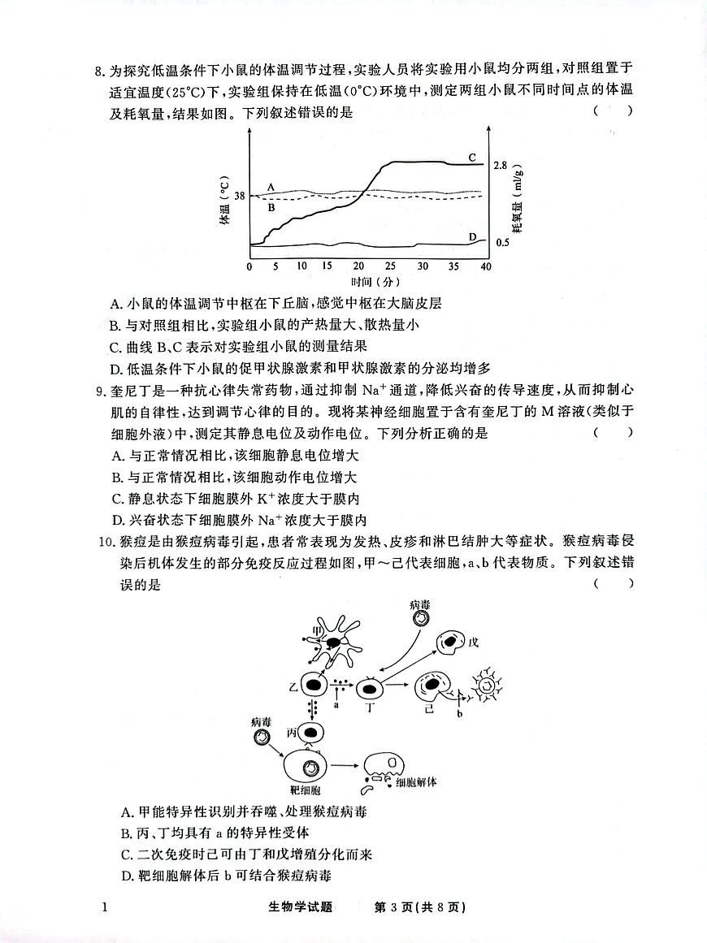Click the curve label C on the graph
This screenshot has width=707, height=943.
(x=472, y=156)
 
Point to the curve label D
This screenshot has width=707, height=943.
(x=472, y=237)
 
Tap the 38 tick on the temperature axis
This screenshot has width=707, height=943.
(x=240, y=196)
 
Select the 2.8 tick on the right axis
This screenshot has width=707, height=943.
(x=501, y=166)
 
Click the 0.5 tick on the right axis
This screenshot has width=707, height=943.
(x=502, y=243)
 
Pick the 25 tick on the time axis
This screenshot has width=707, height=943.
(x=390, y=266)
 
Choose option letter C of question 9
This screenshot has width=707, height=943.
(x=117, y=499)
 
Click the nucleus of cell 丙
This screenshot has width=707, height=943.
(x=310, y=732)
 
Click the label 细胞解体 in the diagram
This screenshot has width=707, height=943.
(x=416, y=783)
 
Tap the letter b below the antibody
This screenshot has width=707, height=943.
(x=459, y=715)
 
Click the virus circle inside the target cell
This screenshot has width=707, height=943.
(x=309, y=768)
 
